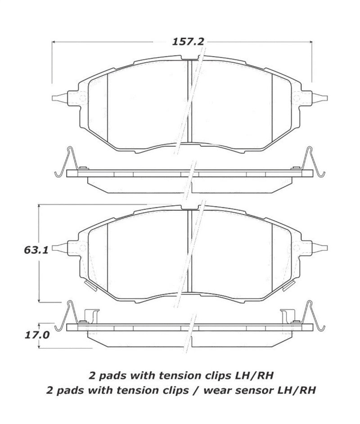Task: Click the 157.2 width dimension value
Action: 188,41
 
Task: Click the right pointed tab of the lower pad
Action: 320,247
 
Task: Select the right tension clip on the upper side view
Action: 313,162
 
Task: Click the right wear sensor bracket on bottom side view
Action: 287,316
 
